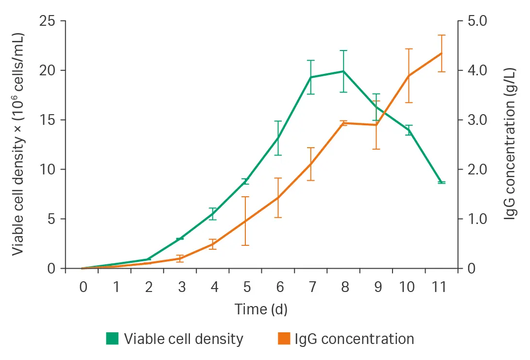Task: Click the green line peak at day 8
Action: [344, 71]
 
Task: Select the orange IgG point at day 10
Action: [409, 75]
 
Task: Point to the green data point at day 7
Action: [311, 77]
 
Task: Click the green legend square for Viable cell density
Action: [112, 339]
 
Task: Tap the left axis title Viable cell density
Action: [18, 144]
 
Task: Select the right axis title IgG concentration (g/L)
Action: [510, 144]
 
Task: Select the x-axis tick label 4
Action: [214, 287]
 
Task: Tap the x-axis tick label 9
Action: [376, 287]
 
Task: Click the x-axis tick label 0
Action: [83, 287]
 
